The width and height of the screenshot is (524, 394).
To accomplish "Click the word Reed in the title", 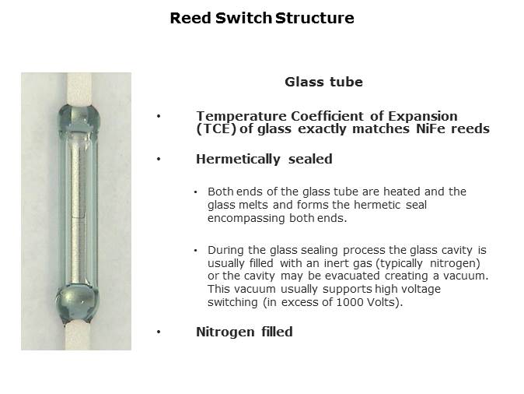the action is click(x=190, y=18).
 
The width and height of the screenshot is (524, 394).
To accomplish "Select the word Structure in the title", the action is click(x=315, y=18).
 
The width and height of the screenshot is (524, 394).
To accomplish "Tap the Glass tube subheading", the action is click(x=323, y=82).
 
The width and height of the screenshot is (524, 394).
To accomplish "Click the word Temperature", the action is click(x=241, y=117).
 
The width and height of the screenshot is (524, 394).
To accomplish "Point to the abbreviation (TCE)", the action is click(x=215, y=129).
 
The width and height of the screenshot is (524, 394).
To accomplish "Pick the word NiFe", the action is click(x=431, y=128).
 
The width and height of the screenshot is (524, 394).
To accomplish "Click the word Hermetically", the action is click(x=238, y=160).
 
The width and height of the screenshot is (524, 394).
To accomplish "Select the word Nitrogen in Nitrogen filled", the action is click(x=225, y=332).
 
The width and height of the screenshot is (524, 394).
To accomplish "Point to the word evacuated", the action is click(x=352, y=276).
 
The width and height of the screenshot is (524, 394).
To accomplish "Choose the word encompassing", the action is click(x=246, y=219).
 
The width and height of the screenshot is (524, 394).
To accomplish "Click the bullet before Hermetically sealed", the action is click(x=159, y=160).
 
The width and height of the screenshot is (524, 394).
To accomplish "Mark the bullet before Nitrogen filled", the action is click(x=159, y=332).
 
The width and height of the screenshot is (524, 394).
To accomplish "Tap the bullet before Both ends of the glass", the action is click(x=195, y=192).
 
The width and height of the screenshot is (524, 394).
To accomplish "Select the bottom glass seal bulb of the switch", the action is click(x=78, y=303).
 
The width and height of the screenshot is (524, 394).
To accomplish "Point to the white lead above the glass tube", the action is click(x=79, y=89).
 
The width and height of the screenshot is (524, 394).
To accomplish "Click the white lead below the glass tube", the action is click(x=78, y=336).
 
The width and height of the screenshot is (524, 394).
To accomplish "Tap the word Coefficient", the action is click(x=327, y=117).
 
